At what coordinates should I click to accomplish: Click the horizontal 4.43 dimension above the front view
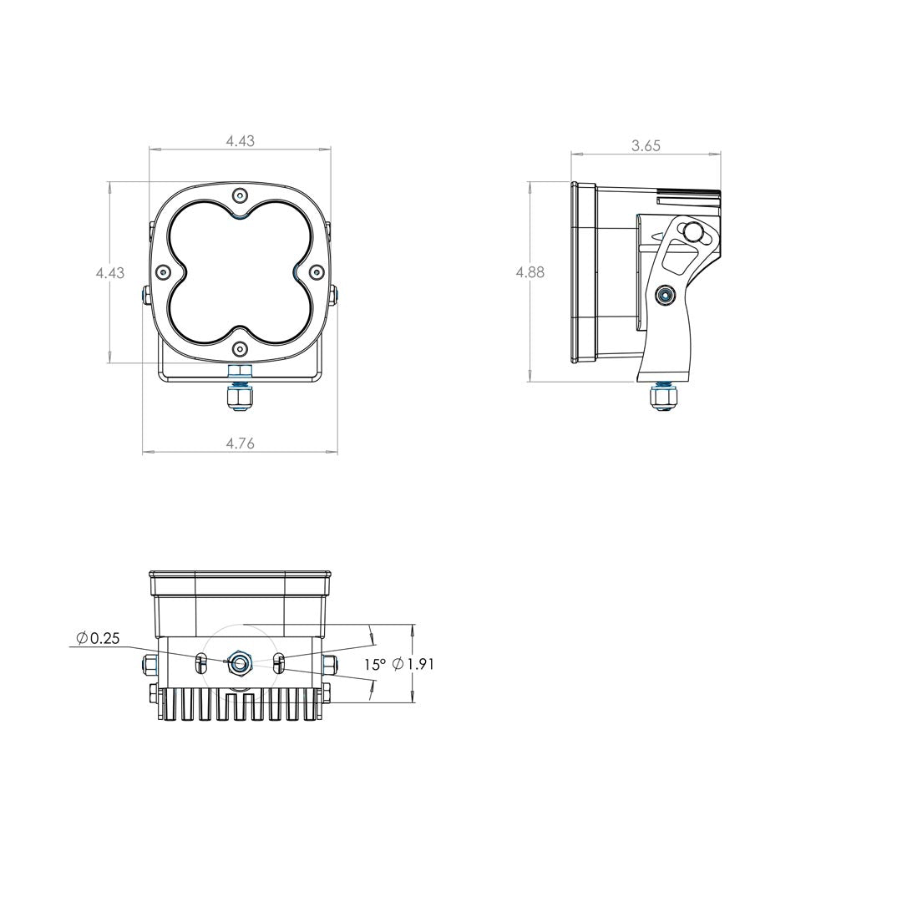coord(240,141)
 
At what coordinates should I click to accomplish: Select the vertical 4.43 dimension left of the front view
coord(110,272)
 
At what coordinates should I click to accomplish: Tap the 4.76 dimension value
coord(240,443)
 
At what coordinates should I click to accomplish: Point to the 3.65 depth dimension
coord(646,145)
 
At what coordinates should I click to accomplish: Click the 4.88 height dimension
coord(530,272)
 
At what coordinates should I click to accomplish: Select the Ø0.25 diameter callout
coord(98,638)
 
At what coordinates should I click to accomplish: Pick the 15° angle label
coord(374,665)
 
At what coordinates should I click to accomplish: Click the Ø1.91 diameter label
coord(413,665)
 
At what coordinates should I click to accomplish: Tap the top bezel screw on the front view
coord(240,195)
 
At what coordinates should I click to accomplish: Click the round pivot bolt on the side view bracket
coord(666,294)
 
